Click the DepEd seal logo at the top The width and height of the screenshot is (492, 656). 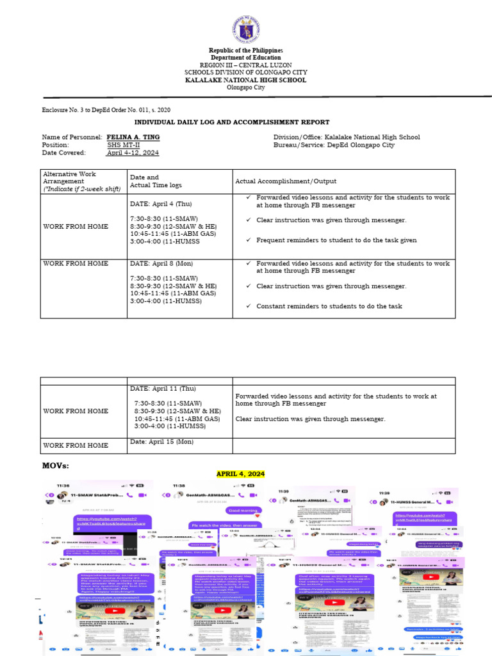[245, 28]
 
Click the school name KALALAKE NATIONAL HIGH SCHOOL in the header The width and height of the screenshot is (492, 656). [246, 80]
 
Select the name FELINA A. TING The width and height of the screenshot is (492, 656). [133, 137]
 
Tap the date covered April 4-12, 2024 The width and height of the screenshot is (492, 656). [133, 152]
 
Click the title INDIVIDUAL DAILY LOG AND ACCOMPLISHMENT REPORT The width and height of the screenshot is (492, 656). [231, 122]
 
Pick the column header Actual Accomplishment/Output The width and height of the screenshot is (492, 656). [286, 181]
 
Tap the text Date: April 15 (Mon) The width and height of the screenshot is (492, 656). [161, 441]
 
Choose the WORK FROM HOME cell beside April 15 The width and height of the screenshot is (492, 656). [76, 445]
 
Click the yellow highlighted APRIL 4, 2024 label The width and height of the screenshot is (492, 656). [240, 473]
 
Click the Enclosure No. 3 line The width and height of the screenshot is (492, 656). [106, 110]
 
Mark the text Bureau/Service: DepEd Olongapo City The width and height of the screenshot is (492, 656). [334, 145]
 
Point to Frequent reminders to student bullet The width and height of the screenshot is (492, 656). [336, 240]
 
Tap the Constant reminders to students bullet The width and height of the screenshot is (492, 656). [329, 306]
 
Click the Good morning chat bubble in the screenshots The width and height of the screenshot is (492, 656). [243, 511]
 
